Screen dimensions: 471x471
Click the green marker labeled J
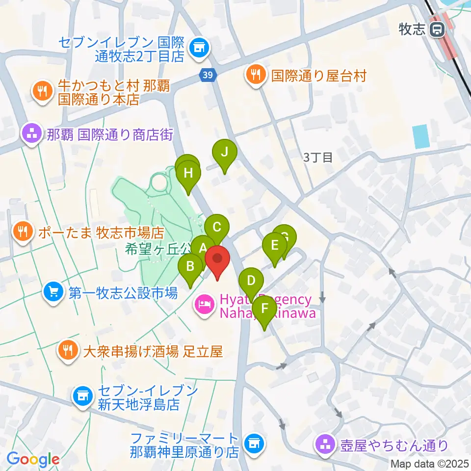(x=224, y=152)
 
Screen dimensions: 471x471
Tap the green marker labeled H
(x=188, y=173)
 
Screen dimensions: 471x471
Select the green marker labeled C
(x=216, y=227)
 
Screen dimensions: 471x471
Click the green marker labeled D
(x=251, y=281)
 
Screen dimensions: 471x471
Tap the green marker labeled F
(x=265, y=309)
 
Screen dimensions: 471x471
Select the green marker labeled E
(x=275, y=245)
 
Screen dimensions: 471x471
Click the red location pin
(x=217, y=258)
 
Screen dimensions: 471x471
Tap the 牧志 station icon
(x=435, y=30)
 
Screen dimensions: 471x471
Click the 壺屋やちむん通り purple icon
(x=324, y=445)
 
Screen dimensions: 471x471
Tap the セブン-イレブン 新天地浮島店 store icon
(x=82, y=396)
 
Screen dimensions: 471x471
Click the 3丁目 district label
(x=318, y=157)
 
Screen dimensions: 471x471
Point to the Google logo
(x=33, y=460)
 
